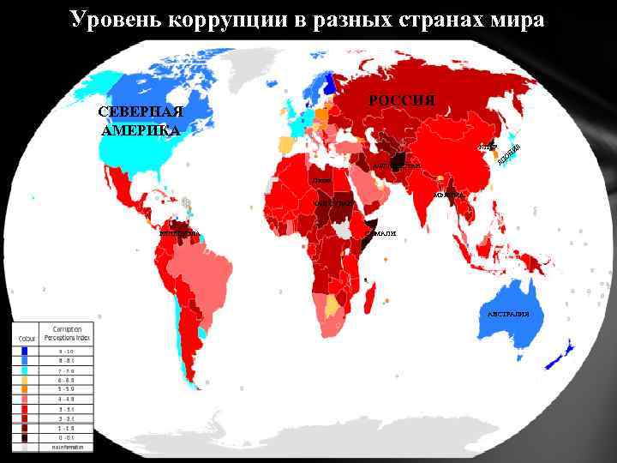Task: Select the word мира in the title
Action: coord(517,19)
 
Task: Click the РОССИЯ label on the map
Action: coord(402,100)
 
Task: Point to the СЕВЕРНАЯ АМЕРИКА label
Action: coord(140,122)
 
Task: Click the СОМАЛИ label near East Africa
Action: coord(380,233)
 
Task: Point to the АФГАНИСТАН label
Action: coord(396,165)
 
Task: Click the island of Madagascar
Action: coord(370,297)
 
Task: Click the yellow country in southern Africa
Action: coord(332,304)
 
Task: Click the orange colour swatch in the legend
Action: coord(26,388)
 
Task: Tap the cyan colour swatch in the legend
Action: coord(26,370)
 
